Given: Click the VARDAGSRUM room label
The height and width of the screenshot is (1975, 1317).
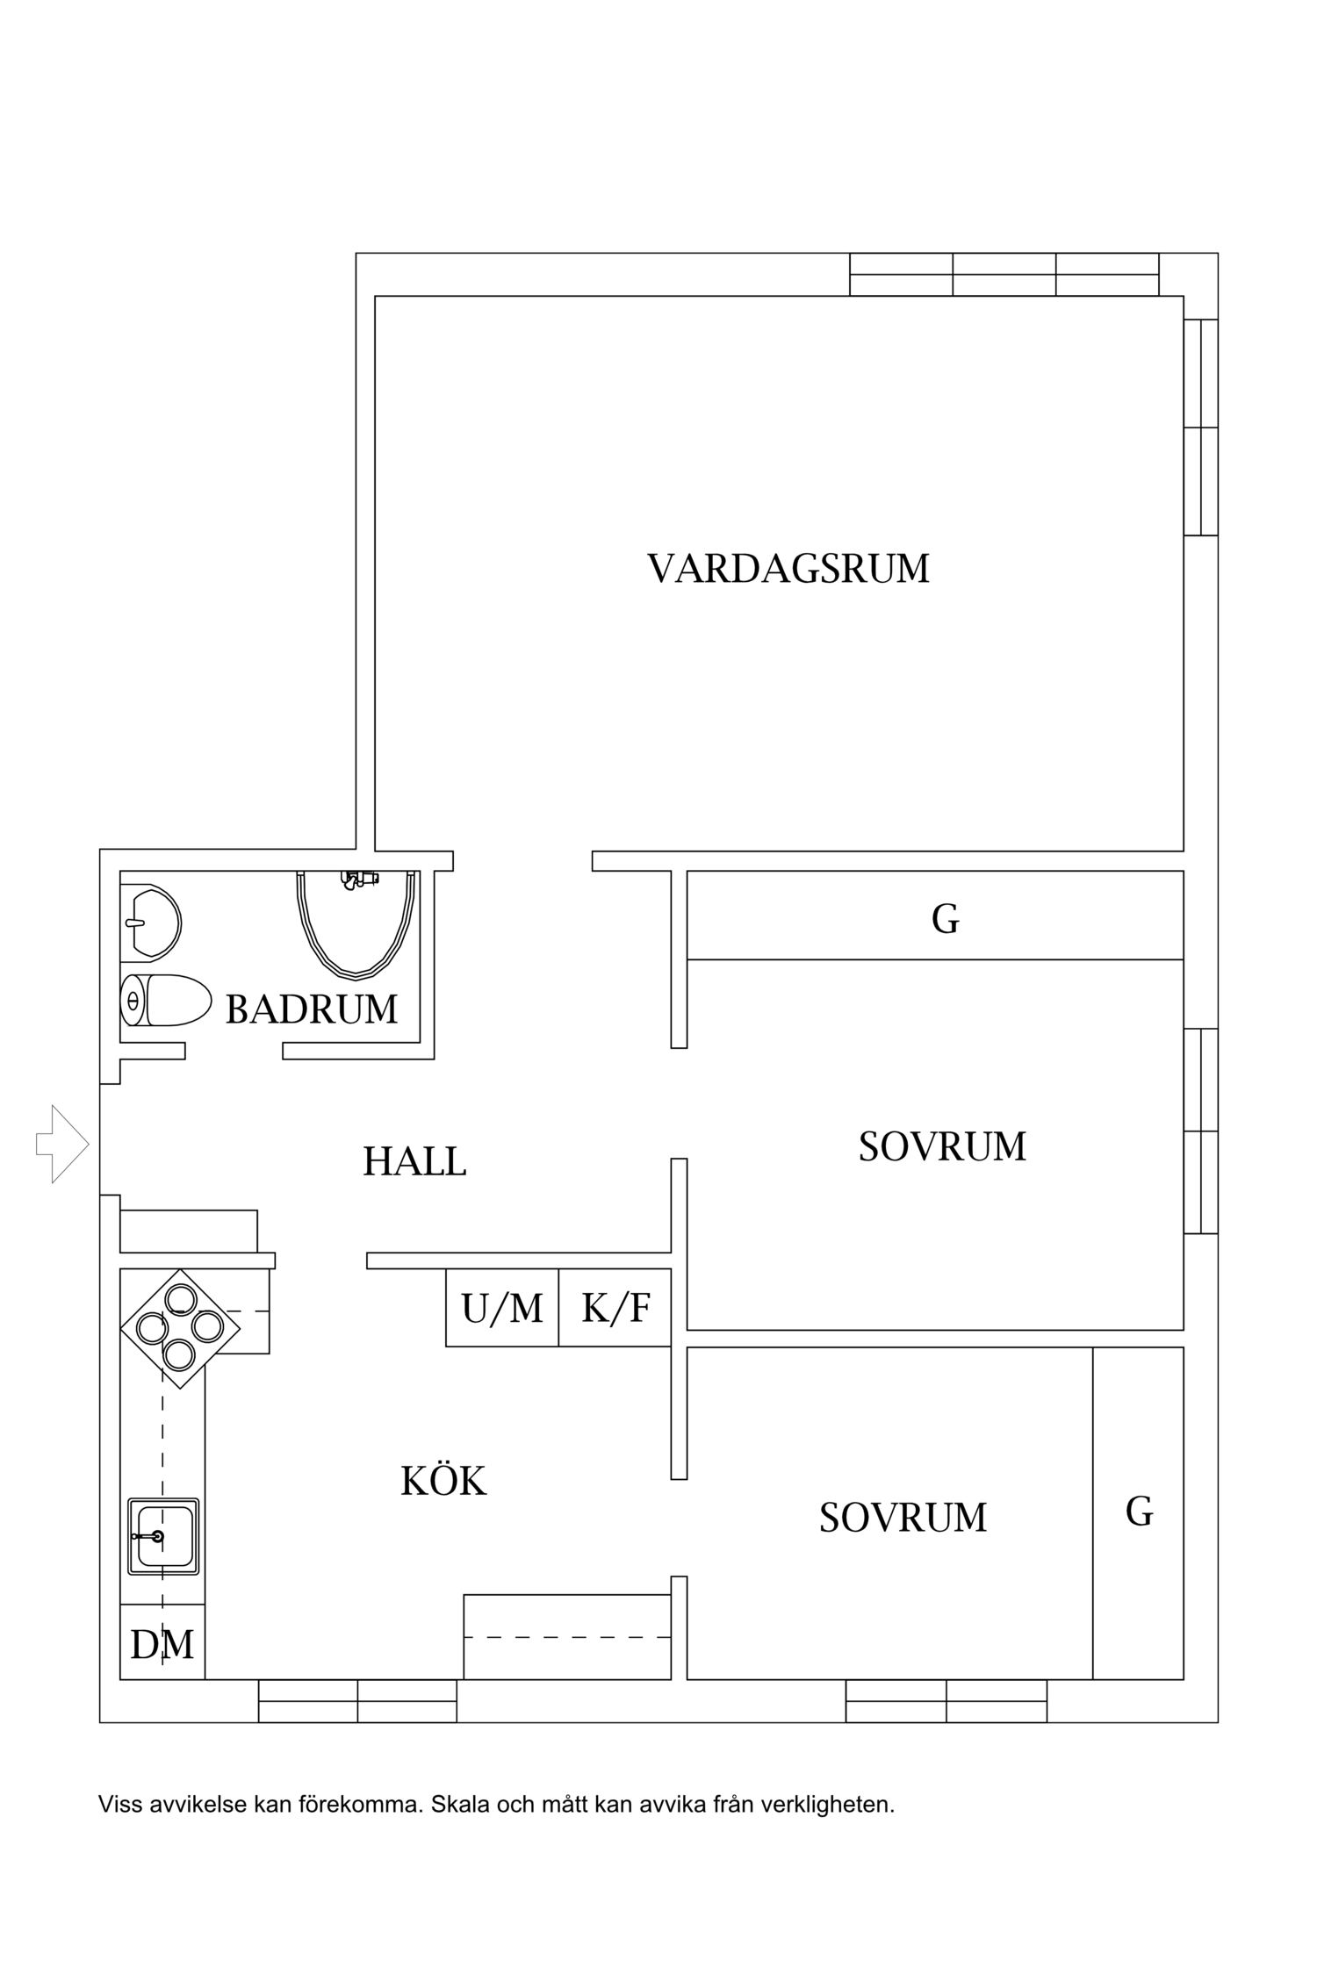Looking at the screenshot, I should point(788,569).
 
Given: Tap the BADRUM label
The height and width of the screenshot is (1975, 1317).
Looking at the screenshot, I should point(312,1009).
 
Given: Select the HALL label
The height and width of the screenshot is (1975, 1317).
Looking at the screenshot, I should point(414,1162).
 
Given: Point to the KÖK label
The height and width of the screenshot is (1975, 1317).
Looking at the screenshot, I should point(443,1482).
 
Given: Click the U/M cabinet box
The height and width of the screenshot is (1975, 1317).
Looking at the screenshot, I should point(502,1308).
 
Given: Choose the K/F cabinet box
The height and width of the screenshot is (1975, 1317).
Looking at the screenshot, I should point(615,1308).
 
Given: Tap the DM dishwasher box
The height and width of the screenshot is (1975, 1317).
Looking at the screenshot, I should point(162,1644).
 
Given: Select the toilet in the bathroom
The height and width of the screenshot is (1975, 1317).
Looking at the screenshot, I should point(167,1000).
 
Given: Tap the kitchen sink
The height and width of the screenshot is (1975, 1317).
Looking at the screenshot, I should point(163,1536).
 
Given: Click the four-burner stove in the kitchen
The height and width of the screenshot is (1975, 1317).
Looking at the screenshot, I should point(180,1328).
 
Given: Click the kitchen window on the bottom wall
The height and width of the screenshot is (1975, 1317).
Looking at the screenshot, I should point(357,1700).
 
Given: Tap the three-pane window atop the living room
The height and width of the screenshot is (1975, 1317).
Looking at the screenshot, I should point(1004,275).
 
